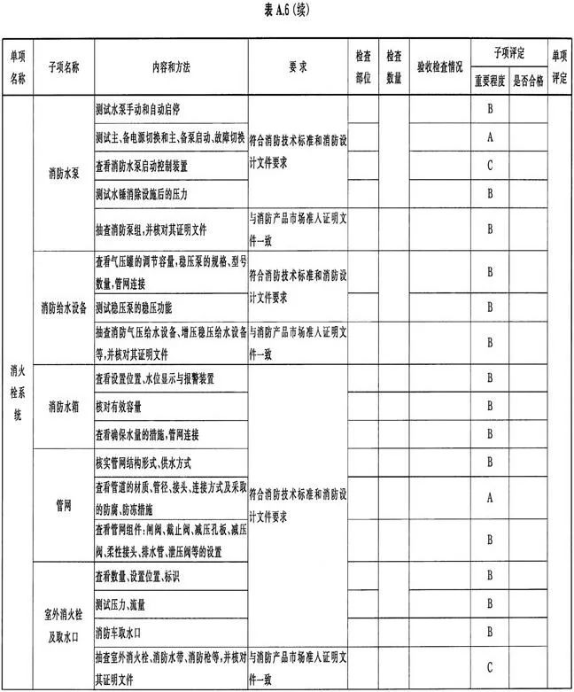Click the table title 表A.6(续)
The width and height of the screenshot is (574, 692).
(x=286, y=12)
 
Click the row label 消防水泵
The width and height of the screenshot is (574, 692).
(x=62, y=174)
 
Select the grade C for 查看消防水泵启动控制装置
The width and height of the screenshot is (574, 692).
(x=489, y=166)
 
